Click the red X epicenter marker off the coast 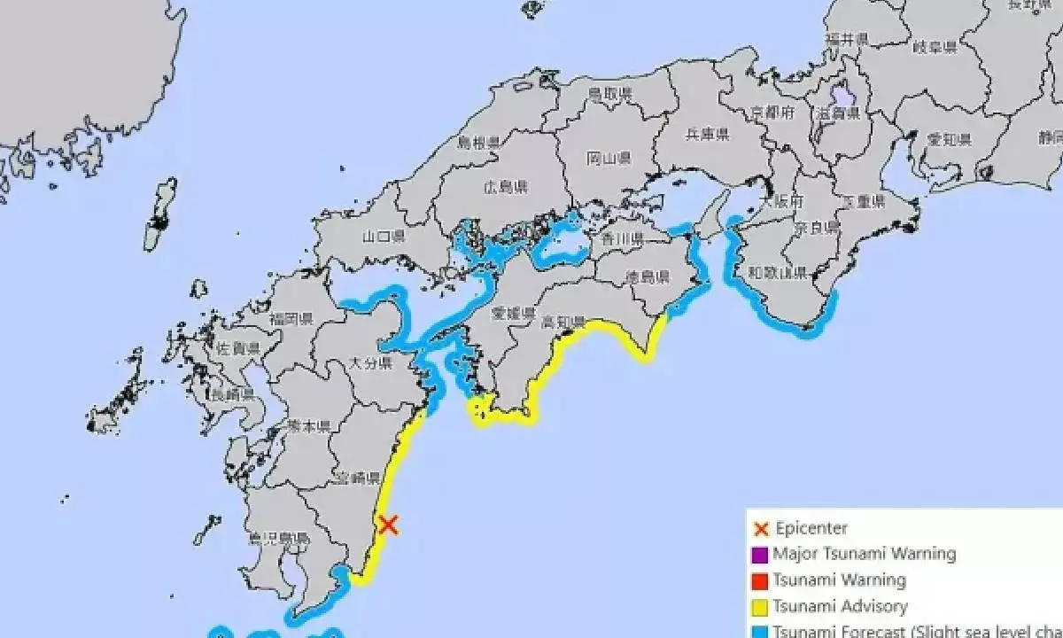388,525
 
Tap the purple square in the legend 759,555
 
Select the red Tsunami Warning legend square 759,581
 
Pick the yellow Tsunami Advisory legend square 759,607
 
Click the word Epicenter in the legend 811,529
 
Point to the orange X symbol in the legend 759,529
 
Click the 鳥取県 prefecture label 610,94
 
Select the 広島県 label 507,187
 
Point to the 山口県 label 384,237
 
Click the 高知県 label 563,323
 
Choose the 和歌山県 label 777,272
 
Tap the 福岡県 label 291,319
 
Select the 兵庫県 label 708,135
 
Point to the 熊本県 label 309,426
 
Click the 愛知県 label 950,140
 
